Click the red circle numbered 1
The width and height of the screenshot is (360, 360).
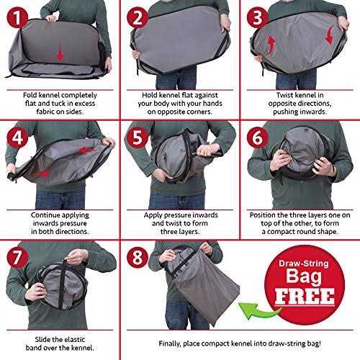17,18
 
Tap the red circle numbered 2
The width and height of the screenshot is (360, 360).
138,18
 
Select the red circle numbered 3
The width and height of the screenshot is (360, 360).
258,18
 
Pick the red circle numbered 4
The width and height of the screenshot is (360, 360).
17,138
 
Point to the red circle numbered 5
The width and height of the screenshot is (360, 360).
138,138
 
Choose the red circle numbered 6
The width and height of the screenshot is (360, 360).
258,138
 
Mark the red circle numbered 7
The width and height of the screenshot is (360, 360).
17,258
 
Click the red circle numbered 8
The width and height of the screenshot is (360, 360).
138,258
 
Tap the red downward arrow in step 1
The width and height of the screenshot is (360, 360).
60,53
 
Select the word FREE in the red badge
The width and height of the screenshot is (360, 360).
305,297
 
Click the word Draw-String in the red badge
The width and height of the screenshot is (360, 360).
304,264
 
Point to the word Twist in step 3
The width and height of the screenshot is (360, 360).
284,95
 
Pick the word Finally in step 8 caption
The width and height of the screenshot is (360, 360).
169,343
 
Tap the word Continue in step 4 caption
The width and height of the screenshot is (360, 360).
46,215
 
